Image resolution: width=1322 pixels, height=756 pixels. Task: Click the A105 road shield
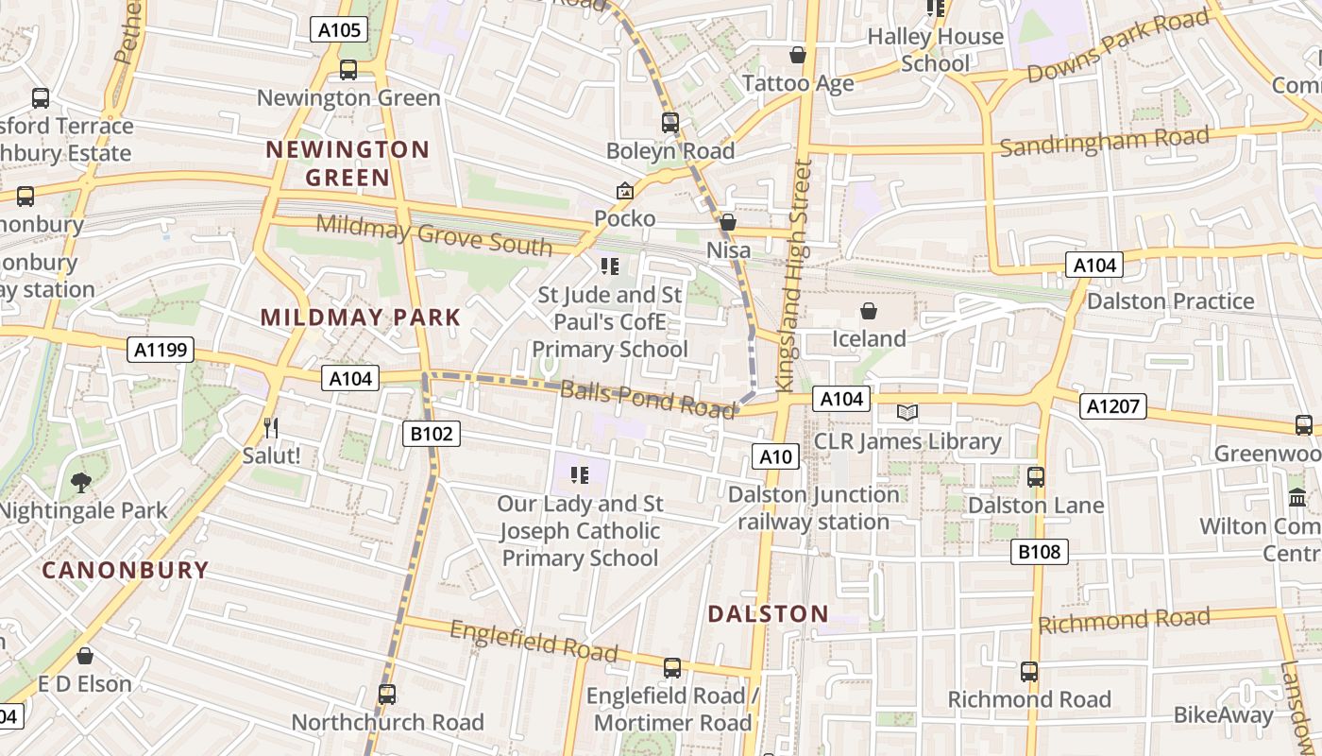(x=339, y=30)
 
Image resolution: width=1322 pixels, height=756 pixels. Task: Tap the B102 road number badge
(x=432, y=434)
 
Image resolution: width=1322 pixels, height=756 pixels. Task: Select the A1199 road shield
(x=161, y=351)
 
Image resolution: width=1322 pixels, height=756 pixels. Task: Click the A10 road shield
(x=776, y=457)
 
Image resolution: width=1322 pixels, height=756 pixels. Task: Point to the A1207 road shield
(x=1113, y=407)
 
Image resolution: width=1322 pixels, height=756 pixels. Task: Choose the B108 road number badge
(x=1039, y=552)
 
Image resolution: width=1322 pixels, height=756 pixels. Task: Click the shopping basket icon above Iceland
(x=869, y=311)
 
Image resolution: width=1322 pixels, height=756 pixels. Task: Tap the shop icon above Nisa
(x=728, y=223)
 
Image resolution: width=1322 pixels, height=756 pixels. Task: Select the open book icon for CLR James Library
(x=907, y=413)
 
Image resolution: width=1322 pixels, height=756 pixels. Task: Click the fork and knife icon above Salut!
(x=271, y=427)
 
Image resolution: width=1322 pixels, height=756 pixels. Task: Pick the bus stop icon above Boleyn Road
(x=669, y=123)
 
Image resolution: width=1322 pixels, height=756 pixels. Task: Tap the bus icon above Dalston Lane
(x=1036, y=477)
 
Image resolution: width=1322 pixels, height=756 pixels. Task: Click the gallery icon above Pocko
(x=624, y=192)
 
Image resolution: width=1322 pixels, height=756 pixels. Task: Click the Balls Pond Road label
(x=648, y=399)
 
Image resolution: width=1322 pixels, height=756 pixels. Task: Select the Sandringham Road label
(x=1104, y=142)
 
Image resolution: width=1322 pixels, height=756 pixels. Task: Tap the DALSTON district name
(x=768, y=614)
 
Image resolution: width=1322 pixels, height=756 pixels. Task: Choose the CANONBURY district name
(x=125, y=570)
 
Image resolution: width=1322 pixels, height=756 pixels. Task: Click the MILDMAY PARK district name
(x=361, y=318)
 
